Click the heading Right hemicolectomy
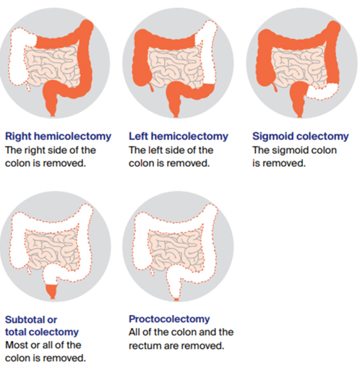tap(58, 136)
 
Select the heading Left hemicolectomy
tap(179, 136)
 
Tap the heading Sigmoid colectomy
tap(301, 136)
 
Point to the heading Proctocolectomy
tap(169, 319)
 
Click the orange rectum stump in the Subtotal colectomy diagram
tap(52, 291)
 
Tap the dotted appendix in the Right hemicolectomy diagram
tap(28, 86)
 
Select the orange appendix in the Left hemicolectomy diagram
tap(152, 87)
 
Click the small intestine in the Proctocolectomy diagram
tap(176, 250)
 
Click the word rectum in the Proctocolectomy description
tap(145, 346)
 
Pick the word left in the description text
tap(154, 150)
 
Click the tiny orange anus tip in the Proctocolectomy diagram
tap(176, 300)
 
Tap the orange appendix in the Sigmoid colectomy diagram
tap(275, 87)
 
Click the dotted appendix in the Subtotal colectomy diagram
tap(28, 269)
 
